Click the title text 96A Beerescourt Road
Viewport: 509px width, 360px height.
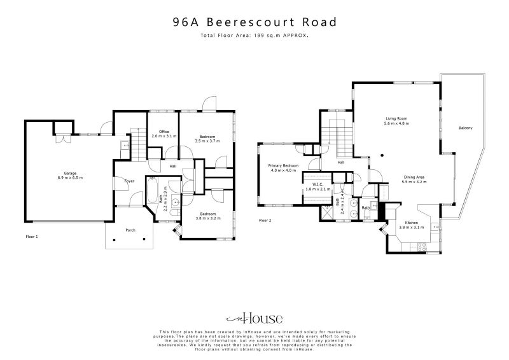(254, 22)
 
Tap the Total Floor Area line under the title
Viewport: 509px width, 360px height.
(254, 36)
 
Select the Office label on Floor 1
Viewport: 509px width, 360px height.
(164, 134)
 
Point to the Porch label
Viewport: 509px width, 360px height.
(130, 230)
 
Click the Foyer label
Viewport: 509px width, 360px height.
(129, 181)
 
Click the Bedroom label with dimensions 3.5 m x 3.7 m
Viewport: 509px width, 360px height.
(207, 139)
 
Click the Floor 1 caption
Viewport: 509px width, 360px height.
(32, 235)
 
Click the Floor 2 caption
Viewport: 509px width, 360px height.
(265, 220)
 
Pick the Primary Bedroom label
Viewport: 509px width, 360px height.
(284, 167)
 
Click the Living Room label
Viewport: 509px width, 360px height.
(396, 120)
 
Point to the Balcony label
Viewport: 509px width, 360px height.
(465, 128)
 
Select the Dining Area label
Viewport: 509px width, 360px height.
(414, 179)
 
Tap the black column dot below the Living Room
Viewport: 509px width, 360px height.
(380, 155)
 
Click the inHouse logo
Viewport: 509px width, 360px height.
(254, 317)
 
